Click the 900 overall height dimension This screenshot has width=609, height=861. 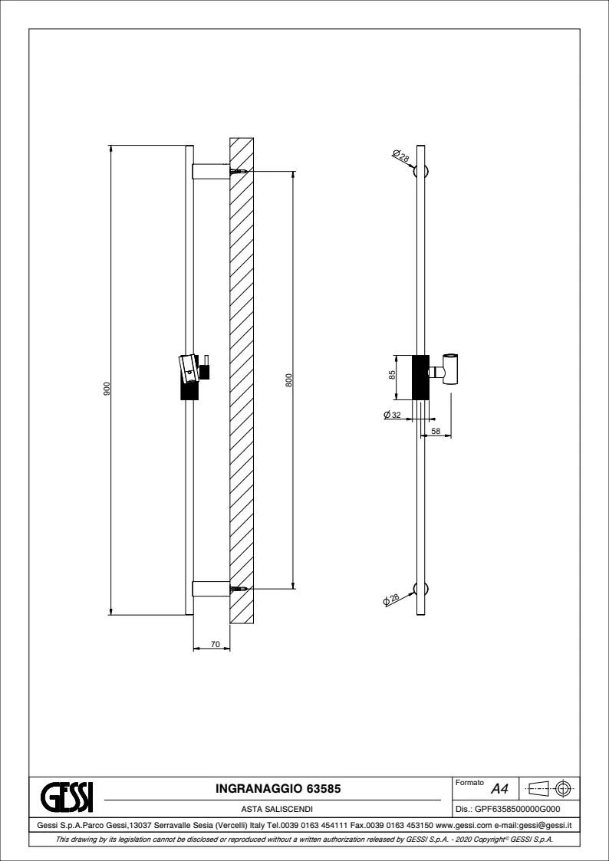coord(107,389)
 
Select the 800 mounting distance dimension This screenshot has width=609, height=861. coord(289,380)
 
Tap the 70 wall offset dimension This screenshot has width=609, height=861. coord(216,644)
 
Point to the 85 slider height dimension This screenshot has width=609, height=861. coord(392,374)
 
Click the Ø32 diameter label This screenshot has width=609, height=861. coord(392,415)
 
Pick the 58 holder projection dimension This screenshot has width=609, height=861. coord(436,432)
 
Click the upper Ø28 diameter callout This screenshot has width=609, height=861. coord(401,157)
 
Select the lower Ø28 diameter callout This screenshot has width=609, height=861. coord(391,599)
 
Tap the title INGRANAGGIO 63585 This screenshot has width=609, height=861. coord(278,789)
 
